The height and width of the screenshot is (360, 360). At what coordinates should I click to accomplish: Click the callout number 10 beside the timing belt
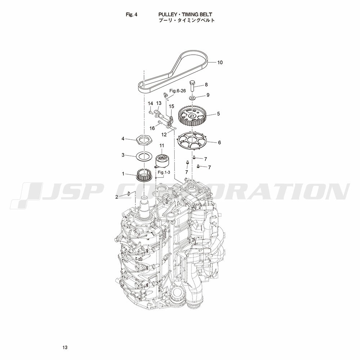(220, 62)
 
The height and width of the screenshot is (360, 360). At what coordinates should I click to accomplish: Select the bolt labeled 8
(192, 85)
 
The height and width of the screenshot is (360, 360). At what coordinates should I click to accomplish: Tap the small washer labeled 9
(192, 98)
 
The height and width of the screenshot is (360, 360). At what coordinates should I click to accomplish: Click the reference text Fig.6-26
(177, 91)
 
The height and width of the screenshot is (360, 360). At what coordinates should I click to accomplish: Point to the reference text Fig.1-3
(164, 172)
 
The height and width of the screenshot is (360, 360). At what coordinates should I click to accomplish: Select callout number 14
(150, 103)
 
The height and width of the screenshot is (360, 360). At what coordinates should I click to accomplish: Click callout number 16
(152, 128)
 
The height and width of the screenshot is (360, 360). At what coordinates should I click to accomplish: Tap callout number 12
(164, 135)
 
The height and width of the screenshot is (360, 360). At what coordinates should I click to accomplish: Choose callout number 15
(171, 106)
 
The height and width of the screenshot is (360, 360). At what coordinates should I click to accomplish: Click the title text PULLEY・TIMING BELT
(185, 14)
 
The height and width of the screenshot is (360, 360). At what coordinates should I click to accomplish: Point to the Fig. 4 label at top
(131, 14)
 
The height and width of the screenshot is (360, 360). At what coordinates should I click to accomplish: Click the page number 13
(65, 347)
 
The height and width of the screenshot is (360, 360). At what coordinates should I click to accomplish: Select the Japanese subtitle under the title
(186, 20)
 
